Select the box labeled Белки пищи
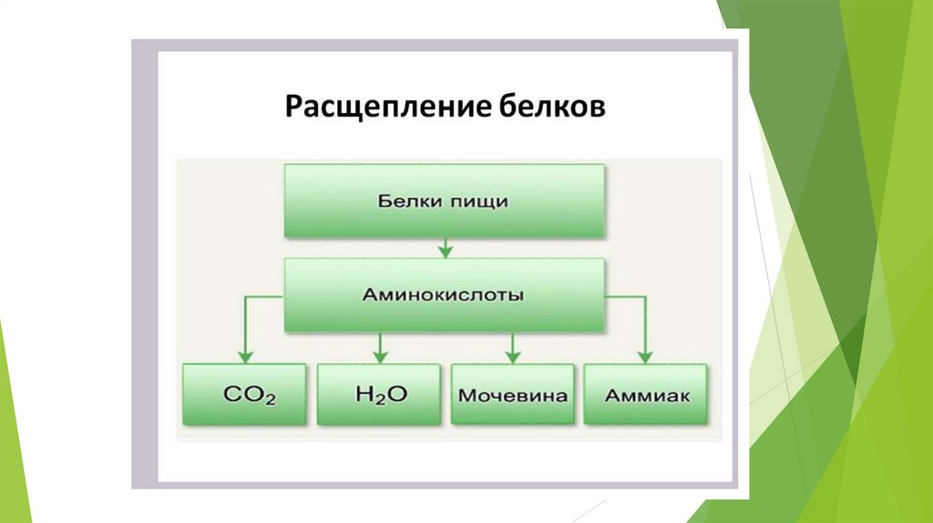point(443,201)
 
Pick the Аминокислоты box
point(443,295)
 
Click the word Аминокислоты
point(443,295)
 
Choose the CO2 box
point(244,395)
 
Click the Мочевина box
point(513,395)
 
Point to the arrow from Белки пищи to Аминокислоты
point(444,247)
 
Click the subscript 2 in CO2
point(269,401)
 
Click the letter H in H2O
point(362,395)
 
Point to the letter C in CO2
point(231,395)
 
